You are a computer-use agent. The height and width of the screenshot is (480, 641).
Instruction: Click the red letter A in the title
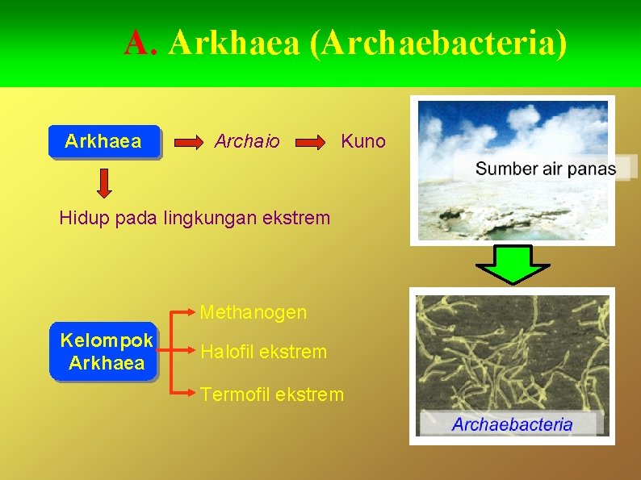click(x=137, y=44)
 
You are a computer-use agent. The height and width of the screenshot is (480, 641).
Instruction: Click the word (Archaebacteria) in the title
click(x=438, y=44)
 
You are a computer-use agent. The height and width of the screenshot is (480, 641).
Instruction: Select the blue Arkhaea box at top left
click(x=103, y=142)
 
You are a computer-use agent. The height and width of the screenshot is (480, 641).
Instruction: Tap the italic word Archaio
click(x=247, y=142)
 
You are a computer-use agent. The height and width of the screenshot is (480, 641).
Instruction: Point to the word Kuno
click(x=363, y=142)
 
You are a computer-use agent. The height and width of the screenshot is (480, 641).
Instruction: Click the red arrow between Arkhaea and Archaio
click(x=189, y=143)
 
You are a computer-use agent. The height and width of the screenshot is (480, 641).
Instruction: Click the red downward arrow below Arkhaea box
click(x=103, y=183)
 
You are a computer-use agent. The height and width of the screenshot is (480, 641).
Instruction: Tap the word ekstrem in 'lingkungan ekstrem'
click(x=299, y=218)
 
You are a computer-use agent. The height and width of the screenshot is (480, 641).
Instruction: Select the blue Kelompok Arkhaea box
click(x=106, y=352)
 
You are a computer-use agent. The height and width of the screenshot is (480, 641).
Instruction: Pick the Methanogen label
click(x=253, y=312)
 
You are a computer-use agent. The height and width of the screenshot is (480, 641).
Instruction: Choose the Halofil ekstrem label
click(x=264, y=352)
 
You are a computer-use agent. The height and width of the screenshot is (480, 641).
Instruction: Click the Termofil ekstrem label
click(x=272, y=394)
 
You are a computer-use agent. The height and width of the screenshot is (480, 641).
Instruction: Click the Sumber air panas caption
click(x=545, y=169)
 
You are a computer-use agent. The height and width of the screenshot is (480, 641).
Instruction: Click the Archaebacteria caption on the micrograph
click(x=512, y=424)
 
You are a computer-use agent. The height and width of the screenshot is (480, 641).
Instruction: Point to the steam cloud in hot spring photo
click(x=517, y=129)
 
